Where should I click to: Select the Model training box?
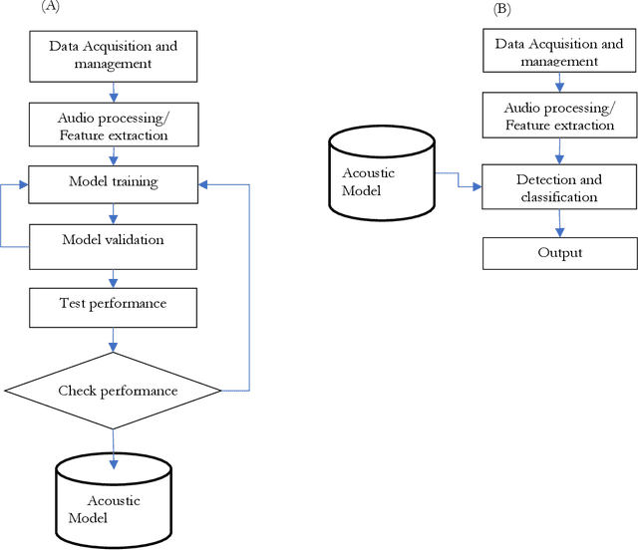113,181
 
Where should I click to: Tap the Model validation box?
113,240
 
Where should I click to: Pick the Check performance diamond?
113,390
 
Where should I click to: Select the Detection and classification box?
560,188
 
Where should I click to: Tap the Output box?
560,252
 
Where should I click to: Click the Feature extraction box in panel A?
113,125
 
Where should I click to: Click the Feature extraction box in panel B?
560,117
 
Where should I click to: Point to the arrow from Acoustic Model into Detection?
459,182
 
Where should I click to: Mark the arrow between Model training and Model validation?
113,210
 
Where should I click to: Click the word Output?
560,253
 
